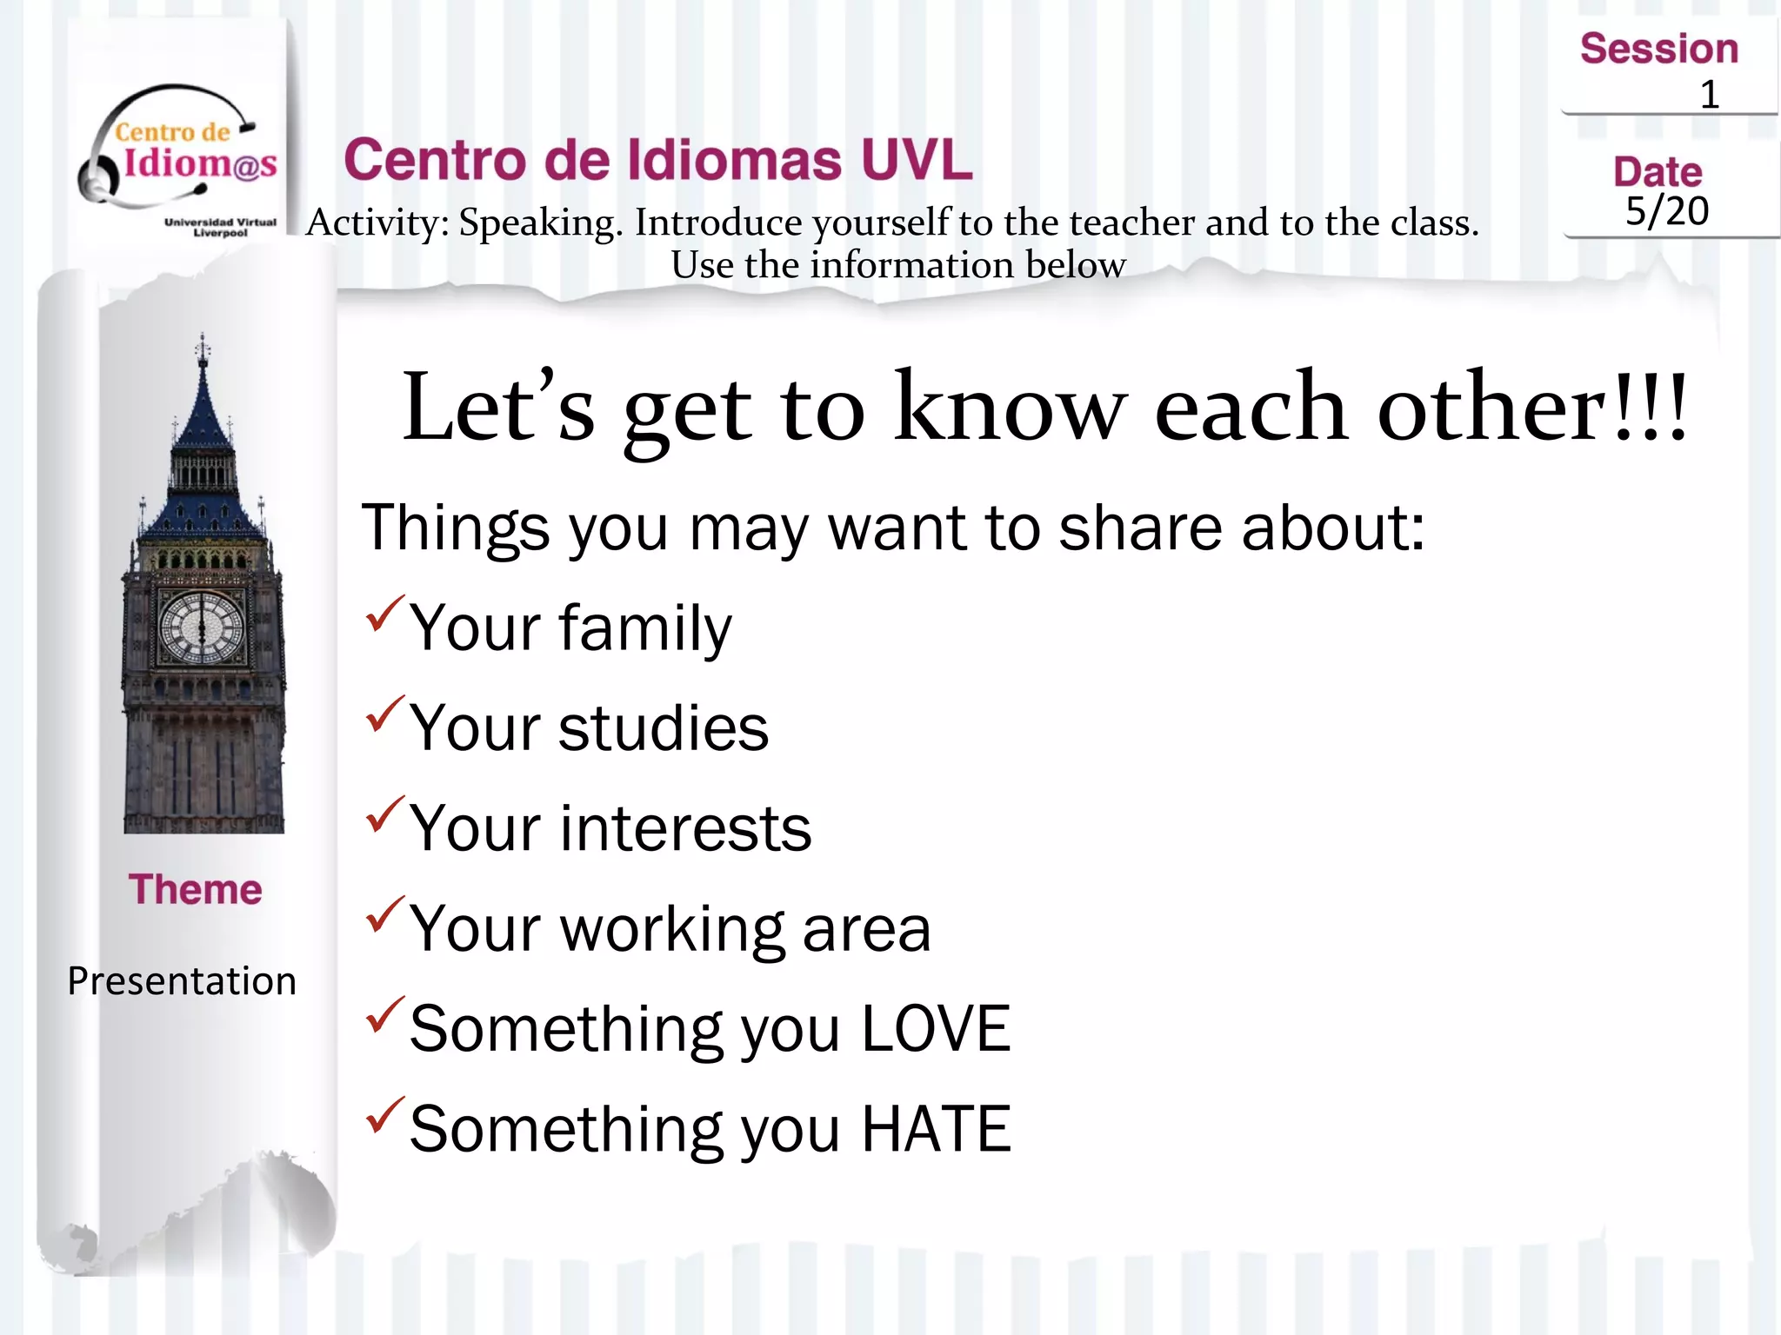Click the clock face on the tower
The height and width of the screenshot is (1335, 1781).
click(203, 626)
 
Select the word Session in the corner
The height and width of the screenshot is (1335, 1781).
click(1658, 49)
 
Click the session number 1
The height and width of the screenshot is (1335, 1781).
click(1709, 95)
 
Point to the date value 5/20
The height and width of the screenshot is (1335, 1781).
click(1667, 211)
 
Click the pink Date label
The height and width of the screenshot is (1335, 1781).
click(1658, 172)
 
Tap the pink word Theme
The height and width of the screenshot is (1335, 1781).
click(196, 889)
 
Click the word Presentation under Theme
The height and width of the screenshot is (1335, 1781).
click(182, 981)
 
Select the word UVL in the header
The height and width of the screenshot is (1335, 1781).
click(917, 160)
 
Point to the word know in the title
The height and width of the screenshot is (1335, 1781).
click(1010, 408)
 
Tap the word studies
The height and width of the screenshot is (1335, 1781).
click(663, 728)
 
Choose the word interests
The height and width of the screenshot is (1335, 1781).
click(685, 828)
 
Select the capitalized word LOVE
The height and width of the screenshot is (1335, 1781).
click(935, 1029)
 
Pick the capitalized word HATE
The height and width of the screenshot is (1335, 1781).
click(935, 1129)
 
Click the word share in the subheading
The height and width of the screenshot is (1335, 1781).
click(1140, 528)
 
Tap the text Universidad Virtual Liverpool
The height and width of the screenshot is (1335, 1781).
click(220, 227)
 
